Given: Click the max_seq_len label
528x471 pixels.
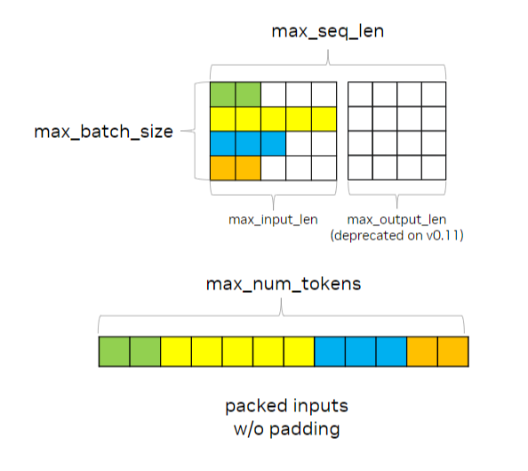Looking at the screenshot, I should (328, 31).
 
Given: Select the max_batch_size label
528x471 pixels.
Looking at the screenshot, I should (103, 132).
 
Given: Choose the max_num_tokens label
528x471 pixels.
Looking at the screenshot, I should (282, 284).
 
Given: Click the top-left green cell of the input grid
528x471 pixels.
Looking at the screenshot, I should (222, 93).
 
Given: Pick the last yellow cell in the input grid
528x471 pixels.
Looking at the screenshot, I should (324, 118).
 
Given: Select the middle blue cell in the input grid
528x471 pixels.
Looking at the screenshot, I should (248, 142).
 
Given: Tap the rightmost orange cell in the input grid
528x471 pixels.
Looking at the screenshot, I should (248, 167).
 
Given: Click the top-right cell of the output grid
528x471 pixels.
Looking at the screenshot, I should (433, 93).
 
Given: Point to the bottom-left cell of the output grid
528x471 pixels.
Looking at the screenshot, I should (359, 167).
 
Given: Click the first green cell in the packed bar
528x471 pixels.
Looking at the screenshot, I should (114, 351).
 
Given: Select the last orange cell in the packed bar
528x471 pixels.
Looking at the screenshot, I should (452, 351).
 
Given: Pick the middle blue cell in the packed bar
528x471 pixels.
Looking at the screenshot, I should (360, 351).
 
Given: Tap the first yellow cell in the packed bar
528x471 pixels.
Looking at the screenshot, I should (175, 351).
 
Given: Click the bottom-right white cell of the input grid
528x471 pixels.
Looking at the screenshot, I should (324, 167).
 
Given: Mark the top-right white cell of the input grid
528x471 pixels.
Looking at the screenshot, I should (324, 93).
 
